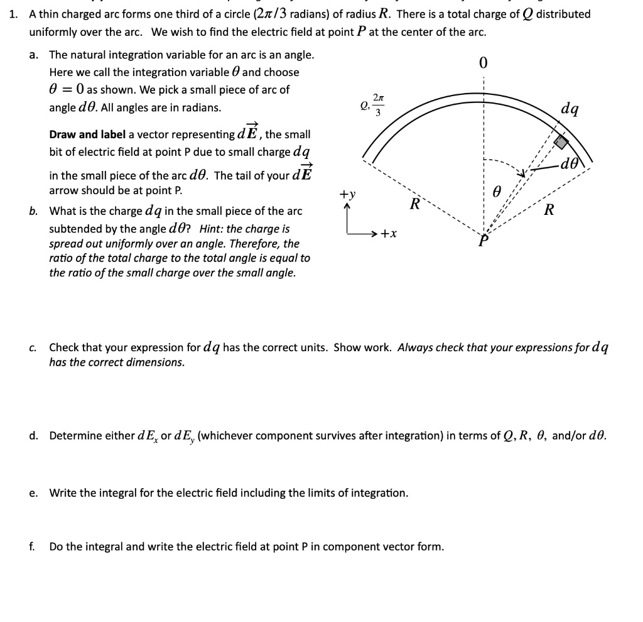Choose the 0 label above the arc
point(483,63)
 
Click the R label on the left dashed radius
point(414,204)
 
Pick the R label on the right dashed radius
point(549,209)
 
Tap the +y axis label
point(347,195)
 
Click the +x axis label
point(389,234)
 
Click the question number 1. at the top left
point(13,14)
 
